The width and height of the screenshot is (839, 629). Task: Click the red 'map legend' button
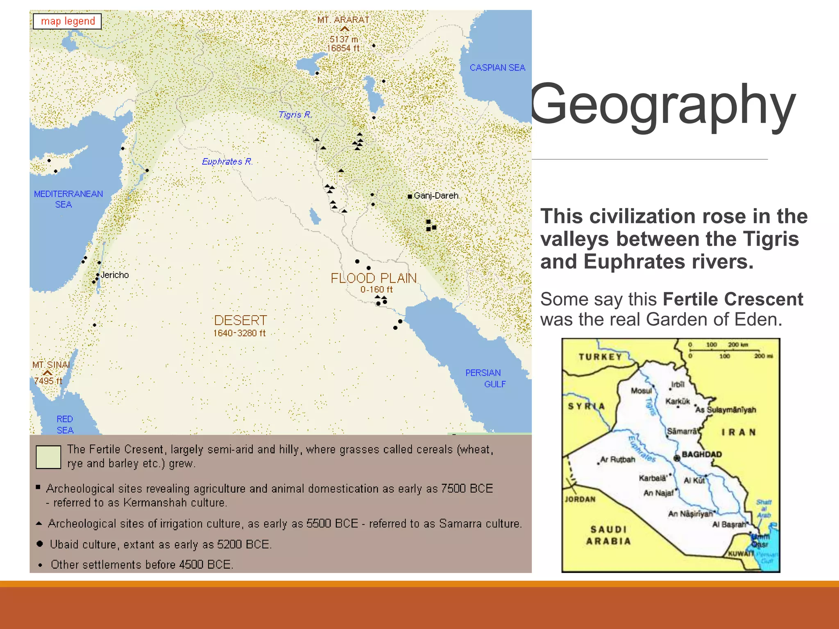(68, 21)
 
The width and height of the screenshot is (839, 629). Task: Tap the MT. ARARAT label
(343, 20)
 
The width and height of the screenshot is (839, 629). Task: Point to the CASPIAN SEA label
(497, 68)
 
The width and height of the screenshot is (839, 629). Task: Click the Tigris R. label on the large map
(295, 115)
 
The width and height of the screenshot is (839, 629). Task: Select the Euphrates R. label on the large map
(227, 161)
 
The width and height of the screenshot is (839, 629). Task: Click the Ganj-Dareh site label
(436, 196)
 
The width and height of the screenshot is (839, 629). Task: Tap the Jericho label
(115, 275)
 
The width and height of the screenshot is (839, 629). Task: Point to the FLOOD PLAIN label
(374, 278)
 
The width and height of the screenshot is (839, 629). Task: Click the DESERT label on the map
(240, 320)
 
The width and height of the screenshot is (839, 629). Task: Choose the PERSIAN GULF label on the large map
(485, 378)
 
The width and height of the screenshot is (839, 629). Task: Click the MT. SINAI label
(51, 364)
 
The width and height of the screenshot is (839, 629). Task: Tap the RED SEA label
(65, 425)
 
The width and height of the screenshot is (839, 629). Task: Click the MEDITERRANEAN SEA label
(68, 199)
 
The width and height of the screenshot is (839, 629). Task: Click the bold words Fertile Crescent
(733, 299)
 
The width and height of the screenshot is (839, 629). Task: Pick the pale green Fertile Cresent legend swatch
(48, 457)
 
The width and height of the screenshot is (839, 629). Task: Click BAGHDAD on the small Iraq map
(701, 455)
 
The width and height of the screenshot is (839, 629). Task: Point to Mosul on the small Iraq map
(641, 391)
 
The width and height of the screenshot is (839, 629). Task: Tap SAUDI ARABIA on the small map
(609, 535)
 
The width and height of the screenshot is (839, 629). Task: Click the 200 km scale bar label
(738, 344)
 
